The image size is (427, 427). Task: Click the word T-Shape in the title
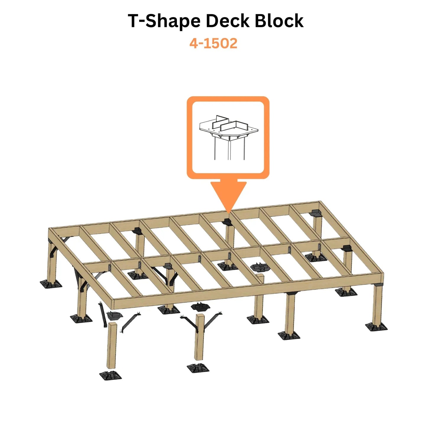pos(164,21)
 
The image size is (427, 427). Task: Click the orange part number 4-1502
pos(213,43)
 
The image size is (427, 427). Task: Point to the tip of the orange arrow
pos(228,213)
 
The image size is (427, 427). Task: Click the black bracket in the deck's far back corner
pos(316,213)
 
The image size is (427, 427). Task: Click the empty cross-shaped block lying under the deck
pos(260,267)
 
